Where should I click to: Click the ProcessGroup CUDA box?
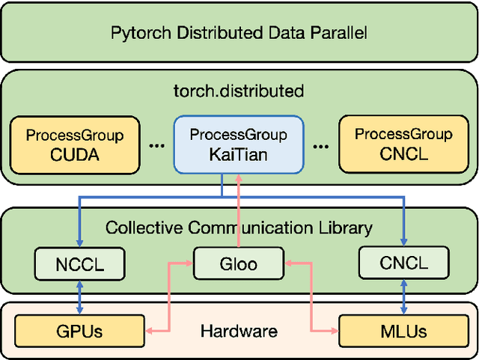pyautogui.click(x=74, y=145)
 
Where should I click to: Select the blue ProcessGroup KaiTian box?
pyautogui.click(x=238, y=145)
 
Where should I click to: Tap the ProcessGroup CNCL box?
pyautogui.click(x=403, y=145)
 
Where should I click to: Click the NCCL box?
pyautogui.click(x=79, y=263)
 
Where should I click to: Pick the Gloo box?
pyautogui.click(x=239, y=263)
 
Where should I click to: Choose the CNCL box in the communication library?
pyautogui.click(x=403, y=263)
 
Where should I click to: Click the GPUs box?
pyautogui.click(x=79, y=330)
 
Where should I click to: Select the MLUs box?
pyautogui.click(x=403, y=330)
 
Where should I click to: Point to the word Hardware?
pyautogui.click(x=239, y=331)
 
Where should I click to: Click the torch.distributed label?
pyautogui.click(x=238, y=91)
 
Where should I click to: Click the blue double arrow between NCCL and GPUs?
pyautogui.click(x=79, y=297)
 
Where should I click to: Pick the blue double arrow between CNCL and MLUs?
pyautogui.click(x=403, y=297)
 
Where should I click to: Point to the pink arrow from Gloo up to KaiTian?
pyautogui.click(x=238, y=213)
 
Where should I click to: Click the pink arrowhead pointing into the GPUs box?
pyautogui.click(x=150, y=330)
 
